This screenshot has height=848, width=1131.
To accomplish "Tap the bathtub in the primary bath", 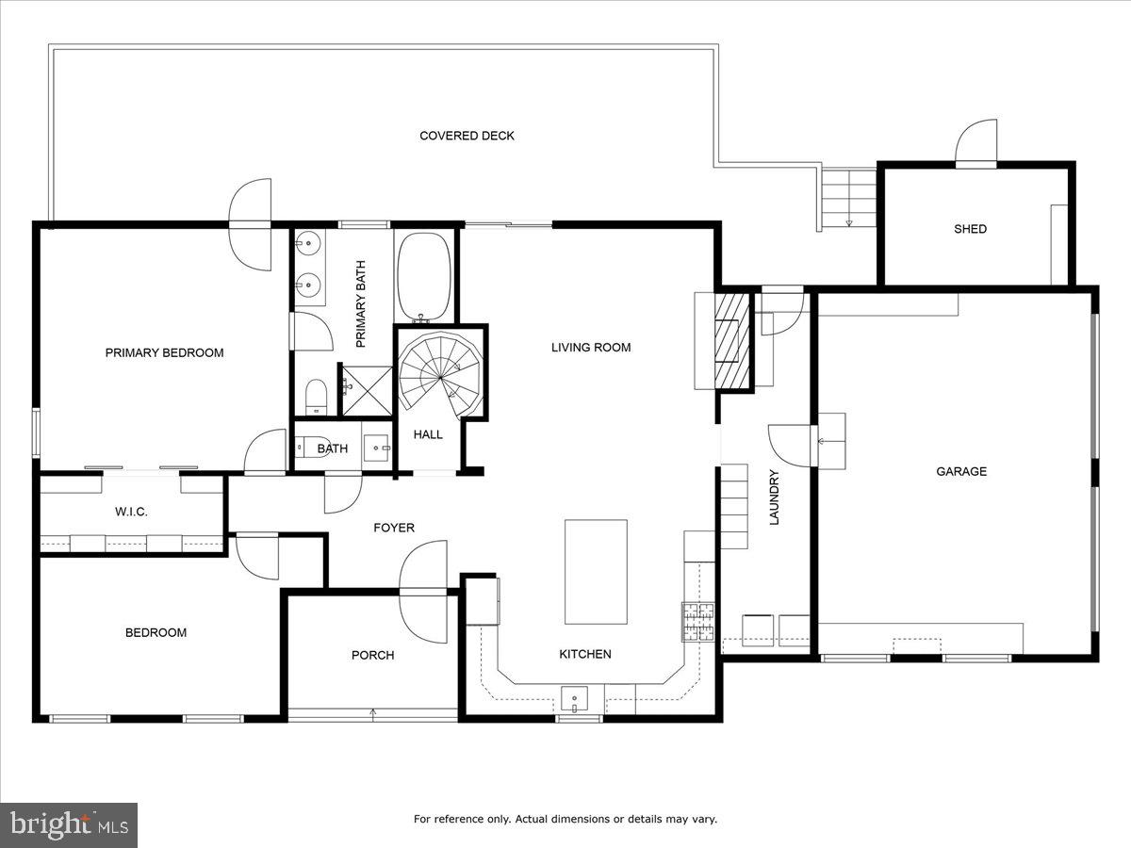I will pos(424,275).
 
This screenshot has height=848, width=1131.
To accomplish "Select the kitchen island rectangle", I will pos(596,571).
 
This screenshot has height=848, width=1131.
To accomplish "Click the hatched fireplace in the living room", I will pos(731,340).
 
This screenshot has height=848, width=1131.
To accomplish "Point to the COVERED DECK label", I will pos(467,136).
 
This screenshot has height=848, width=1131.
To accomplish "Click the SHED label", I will pos(970,229).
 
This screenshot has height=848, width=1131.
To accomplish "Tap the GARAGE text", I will pos(961,471).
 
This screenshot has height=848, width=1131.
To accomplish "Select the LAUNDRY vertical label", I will pos(774,497).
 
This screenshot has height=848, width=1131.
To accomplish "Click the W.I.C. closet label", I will pos(131,512).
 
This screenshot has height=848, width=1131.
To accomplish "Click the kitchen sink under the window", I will pos(575,700).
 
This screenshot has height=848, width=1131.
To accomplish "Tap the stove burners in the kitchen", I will pos(698,621).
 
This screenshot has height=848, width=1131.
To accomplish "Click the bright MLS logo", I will pos(69,825).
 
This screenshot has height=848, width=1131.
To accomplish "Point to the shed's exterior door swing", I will pos(976,142).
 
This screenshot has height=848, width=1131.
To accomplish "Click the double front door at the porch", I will pos(423,592).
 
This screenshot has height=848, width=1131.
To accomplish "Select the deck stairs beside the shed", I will pos(848,197).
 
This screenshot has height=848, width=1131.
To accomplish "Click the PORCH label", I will pos(372,655).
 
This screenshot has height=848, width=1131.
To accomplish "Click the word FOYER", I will pos(394,528).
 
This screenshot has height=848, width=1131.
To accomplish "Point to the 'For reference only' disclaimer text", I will pos(565,819).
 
